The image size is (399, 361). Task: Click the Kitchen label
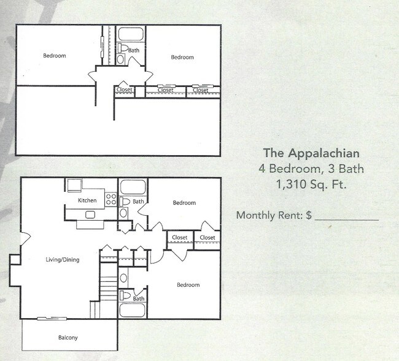coord(87,200)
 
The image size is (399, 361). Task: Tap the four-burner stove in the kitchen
coord(111,199)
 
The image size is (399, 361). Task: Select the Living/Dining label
coord(63,259)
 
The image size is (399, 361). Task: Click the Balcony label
coord(68,338)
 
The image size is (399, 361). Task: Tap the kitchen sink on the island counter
coord(90,215)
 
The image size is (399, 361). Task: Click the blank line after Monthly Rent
coord(346,216)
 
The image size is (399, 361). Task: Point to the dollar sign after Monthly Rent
coord(309,215)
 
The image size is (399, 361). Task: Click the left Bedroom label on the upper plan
coord(54,56)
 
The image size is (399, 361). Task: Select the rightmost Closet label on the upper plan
coord(201,90)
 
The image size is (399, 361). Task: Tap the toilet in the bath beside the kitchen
coord(124,201)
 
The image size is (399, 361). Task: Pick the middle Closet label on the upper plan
coord(165,90)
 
